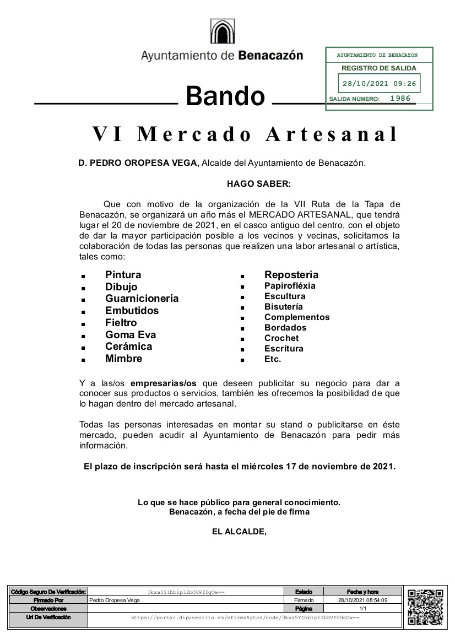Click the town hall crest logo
tap(222, 31)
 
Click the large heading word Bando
tap(225, 96)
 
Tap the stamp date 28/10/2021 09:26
tap(379, 84)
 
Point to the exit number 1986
tap(400, 99)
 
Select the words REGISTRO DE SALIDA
tap(379, 68)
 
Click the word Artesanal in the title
tap(332, 134)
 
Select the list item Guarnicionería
tap(142, 299)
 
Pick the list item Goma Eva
tap(131, 334)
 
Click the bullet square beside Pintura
tap(83, 275)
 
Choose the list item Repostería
tap(291, 275)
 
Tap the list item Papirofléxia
tap(290, 286)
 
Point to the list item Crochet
tap(281, 338)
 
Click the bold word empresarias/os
tap(164, 383)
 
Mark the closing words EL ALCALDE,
tap(239, 532)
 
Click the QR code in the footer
tap(425, 607)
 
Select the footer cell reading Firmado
tap(304, 600)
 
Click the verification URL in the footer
tap(245, 618)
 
